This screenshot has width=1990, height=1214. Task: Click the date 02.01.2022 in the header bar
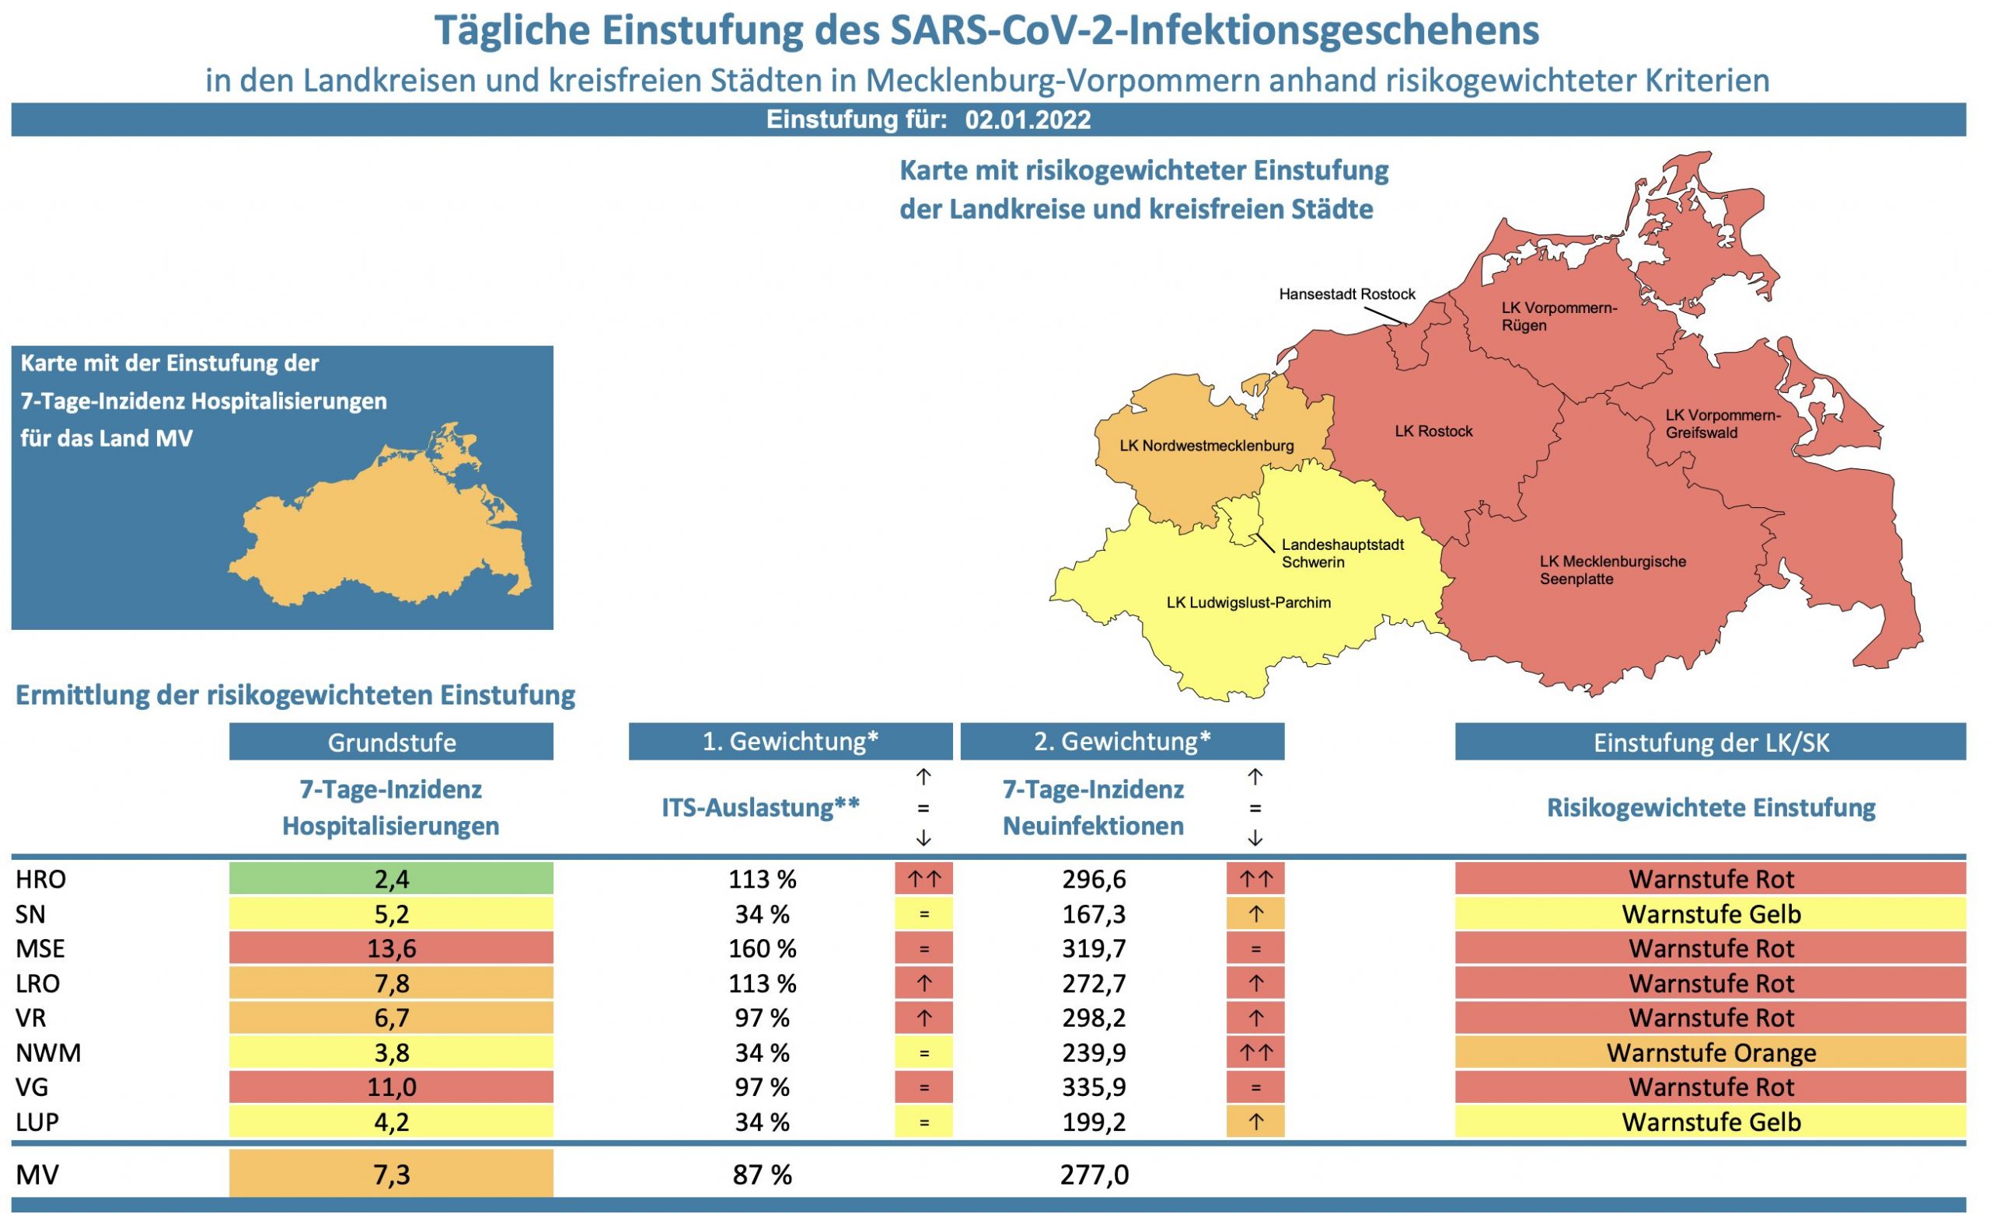1028,120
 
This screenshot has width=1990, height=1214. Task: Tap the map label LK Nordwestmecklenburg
1206,446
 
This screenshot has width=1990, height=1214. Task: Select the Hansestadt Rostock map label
1346,294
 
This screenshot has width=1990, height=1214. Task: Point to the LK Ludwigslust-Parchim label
1248,602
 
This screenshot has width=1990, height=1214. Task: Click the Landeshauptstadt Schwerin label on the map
1342,553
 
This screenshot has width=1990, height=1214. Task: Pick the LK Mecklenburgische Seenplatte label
1612,570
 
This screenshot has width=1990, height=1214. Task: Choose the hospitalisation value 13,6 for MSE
391,948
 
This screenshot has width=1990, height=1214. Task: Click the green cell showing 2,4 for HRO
391,878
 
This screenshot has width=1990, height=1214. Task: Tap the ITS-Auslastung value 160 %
762,948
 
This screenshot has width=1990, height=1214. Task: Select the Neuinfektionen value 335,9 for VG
1093,1087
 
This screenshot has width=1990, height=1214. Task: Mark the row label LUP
37,1122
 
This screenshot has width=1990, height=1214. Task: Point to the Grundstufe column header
391,742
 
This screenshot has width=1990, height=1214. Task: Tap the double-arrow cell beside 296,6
1255,878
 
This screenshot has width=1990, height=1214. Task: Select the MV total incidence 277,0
1094,1174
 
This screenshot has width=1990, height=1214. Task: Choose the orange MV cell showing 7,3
391,1174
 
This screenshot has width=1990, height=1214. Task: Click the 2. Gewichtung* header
1122,741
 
